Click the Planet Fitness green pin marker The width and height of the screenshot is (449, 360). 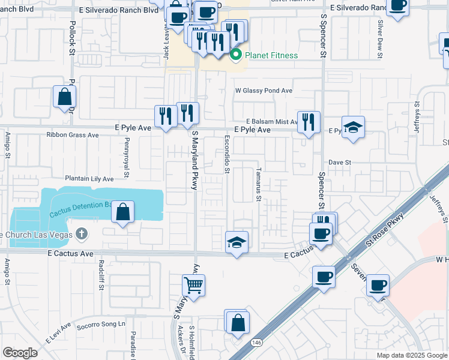236,56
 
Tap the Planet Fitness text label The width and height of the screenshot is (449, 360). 271,56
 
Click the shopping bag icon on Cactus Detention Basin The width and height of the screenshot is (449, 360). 122,212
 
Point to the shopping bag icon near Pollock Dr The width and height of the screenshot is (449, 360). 64,97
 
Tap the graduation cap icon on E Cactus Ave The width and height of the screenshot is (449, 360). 237,242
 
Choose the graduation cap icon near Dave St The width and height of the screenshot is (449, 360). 353,127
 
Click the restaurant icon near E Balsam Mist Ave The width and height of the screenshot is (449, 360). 309,122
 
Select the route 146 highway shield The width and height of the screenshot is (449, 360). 256,342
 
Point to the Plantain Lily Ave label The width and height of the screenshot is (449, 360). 89,179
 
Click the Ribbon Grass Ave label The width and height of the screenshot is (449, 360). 73,135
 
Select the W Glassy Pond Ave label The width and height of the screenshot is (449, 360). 264,91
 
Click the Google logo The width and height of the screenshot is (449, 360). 20,353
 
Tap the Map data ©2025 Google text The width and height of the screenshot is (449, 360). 411,355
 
